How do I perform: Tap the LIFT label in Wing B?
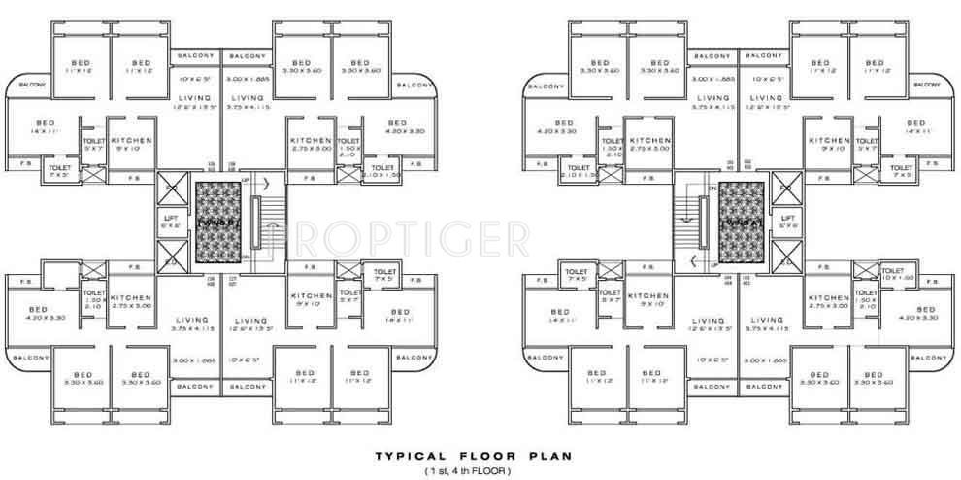tap(170, 221)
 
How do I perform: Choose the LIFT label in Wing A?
tap(788, 221)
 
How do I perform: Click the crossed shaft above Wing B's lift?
tap(171, 185)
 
